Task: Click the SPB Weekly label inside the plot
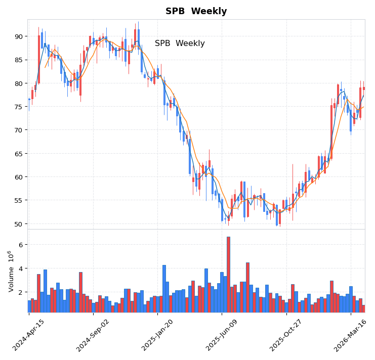180,43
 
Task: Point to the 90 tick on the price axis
18,36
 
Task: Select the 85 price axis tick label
18,60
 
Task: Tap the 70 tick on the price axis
18,130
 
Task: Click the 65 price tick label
18,154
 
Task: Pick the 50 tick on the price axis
18,224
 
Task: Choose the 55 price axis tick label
18,201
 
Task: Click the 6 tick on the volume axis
21,245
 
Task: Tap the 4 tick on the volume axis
21,268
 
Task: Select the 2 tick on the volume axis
21,292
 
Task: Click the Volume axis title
10,271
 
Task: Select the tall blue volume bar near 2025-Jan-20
164,288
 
